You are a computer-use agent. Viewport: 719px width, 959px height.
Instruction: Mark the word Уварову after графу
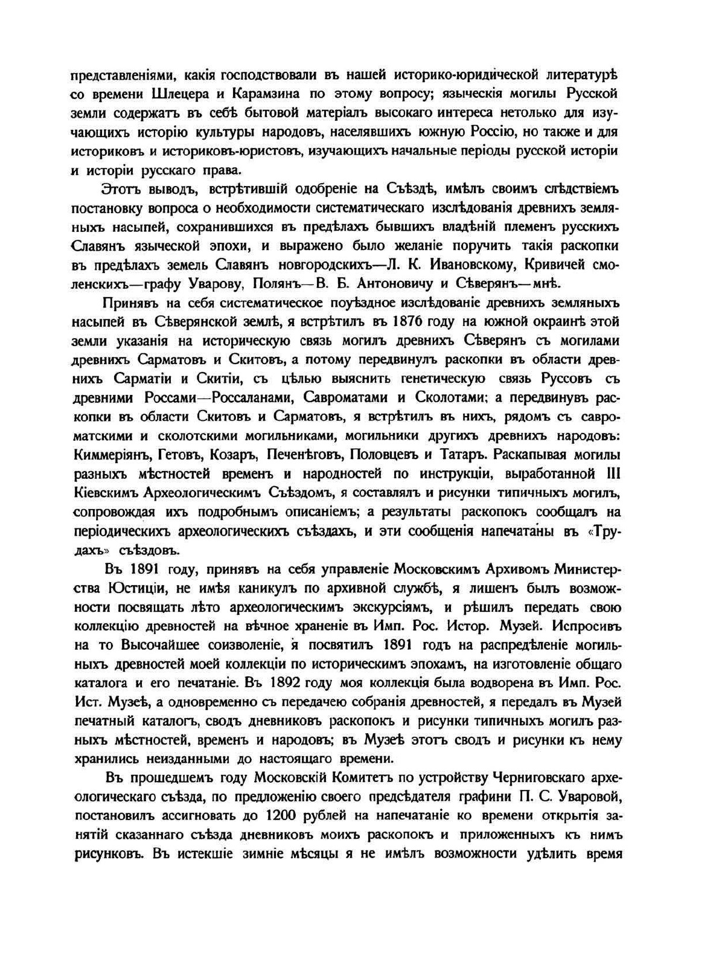coord(208,284)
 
